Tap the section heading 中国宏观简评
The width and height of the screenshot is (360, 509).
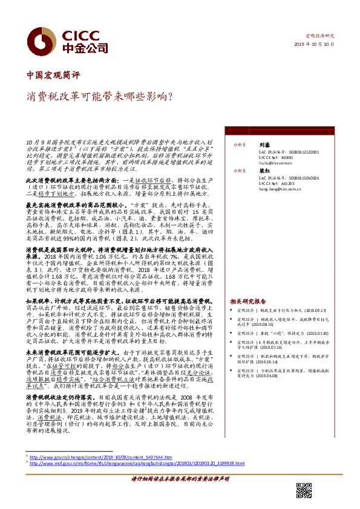[x=53, y=76]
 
